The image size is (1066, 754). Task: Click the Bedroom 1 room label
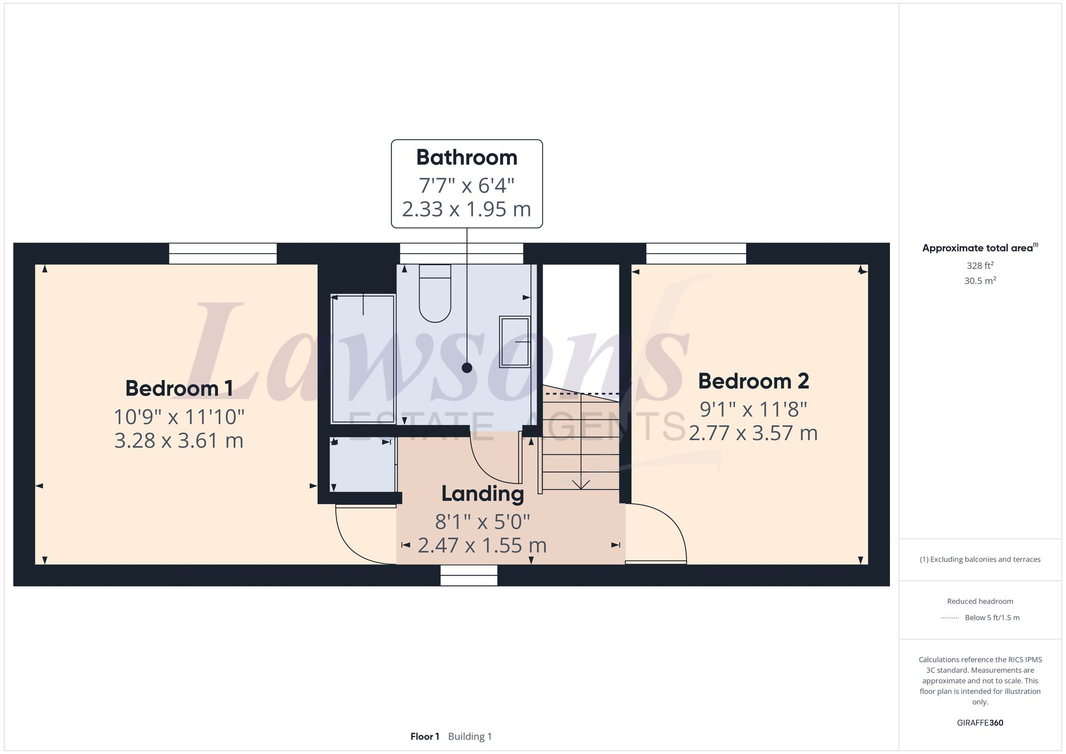[179, 388]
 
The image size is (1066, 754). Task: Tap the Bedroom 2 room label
[753, 382]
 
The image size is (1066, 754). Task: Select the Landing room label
[482, 494]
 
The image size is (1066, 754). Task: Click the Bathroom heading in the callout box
[466, 158]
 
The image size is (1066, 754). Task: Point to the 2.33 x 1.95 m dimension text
[466, 209]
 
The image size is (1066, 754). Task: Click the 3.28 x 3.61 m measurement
[179, 441]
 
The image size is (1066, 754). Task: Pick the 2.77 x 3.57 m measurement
[753, 433]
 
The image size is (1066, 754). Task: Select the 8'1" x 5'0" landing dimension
[482, 522]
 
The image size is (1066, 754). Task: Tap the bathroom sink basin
[514, 342]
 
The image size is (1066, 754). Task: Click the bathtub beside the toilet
[362, 359]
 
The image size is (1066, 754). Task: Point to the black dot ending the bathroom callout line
[467, 368]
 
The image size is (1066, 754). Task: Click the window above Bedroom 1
[223, 254]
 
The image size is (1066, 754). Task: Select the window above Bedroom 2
[696, 254]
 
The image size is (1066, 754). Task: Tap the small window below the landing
[469, 575]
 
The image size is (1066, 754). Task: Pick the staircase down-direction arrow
[580, 483]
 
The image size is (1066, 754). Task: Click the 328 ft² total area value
[980, 265]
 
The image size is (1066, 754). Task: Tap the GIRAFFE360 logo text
[980, 723]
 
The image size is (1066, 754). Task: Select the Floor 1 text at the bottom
[425, 736]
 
